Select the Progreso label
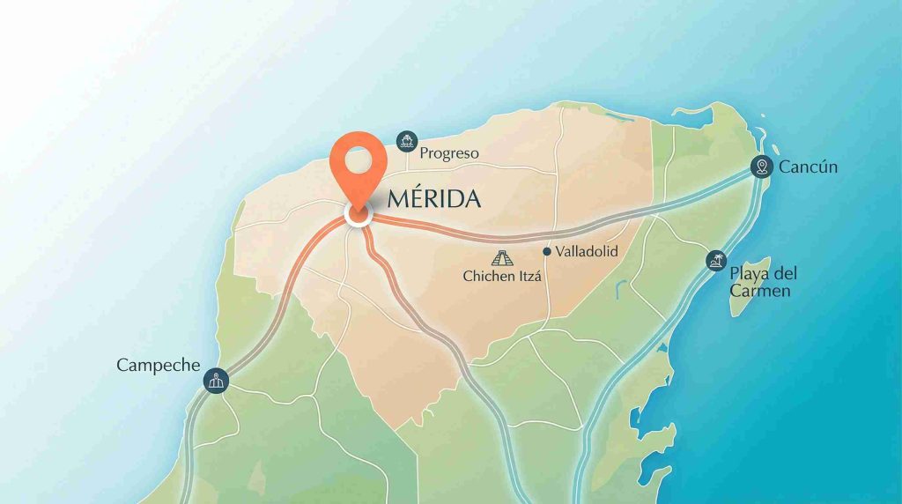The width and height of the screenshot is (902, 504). pyautogui.click(x=449, y=153)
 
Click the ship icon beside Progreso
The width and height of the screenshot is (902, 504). pyautogui.click(x=406, y=139)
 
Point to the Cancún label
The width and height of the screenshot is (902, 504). pyautogui.click(x=808, y=167)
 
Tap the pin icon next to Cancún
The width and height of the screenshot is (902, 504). pyautogui.click(x=762, y=166)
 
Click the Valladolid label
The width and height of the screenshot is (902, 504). pyautogui.click(x=587, y=252)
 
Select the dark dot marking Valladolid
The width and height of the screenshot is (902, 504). pyautogui.click(x=547, y=252)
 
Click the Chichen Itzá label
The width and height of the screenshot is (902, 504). pyautogui.click(x=502, y=276)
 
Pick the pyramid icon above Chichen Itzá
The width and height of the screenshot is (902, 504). pyautogui.click(x=502, y=258)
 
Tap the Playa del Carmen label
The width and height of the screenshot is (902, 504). pyautogui.click(x=762, y=282)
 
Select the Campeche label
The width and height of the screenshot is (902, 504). pyautogui.click(x=159, y=365)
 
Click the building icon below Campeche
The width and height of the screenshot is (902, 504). pyautogui.click(x=216, y=381)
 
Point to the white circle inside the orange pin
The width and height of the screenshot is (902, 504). pyautogui.click(x=358, y=159)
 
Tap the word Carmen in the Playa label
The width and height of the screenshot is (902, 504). pyautogui.click(x=760, y=291)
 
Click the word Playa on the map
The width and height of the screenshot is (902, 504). pyautogui.click(x=749, y=273)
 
